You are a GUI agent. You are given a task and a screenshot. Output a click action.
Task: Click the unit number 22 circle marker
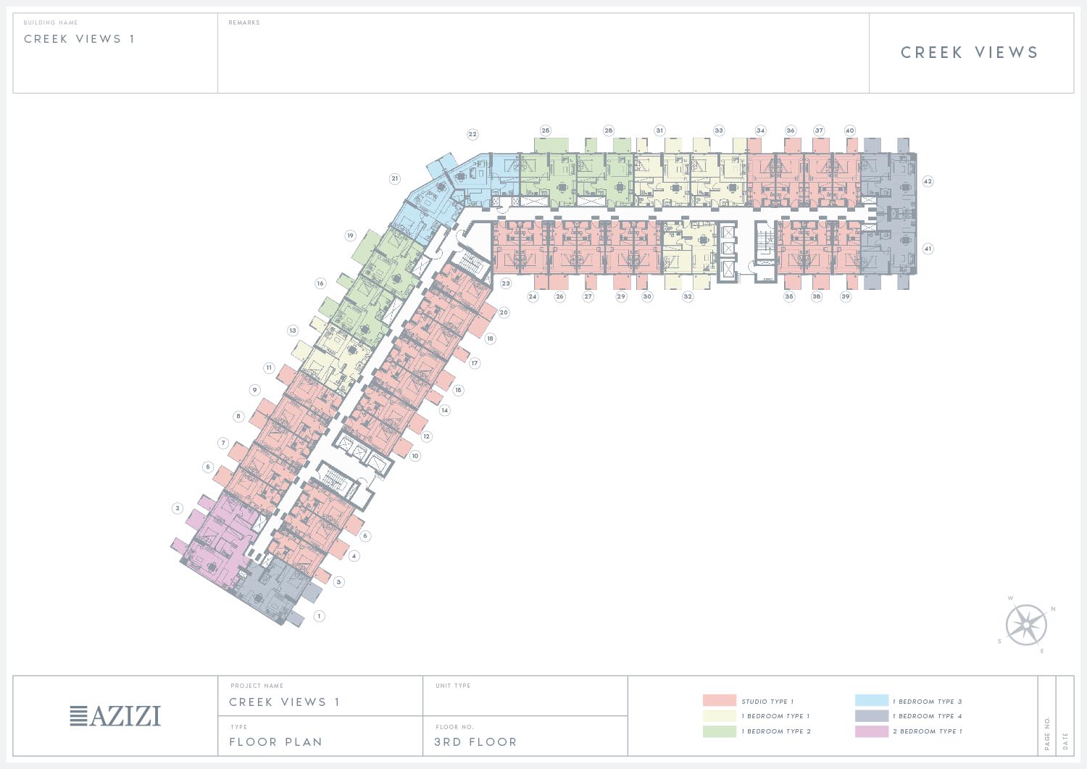472,134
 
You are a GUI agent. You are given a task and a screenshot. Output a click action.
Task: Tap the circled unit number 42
928,181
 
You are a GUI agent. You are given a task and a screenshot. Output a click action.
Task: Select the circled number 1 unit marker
319,616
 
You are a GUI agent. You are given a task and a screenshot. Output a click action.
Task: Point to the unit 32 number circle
688,296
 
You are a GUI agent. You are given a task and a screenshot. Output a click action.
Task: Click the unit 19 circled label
351,236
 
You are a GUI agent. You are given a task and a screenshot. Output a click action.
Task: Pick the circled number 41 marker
928,249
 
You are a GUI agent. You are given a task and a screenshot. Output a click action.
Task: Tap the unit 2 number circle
178,508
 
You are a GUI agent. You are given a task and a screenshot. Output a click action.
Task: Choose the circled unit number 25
546,130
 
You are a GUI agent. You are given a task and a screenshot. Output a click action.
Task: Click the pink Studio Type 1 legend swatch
719,701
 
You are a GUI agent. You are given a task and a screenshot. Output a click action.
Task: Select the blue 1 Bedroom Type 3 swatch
871,701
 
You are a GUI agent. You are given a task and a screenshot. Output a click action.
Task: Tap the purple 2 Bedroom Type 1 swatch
871,731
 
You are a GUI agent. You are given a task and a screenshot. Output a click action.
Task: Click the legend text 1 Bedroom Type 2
775,731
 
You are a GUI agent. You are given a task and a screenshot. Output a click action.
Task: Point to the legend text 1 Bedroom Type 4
927,716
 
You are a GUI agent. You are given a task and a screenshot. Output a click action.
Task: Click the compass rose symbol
1026,625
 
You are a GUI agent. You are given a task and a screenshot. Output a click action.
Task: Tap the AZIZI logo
115,716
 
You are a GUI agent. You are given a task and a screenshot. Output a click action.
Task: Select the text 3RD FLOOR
475,742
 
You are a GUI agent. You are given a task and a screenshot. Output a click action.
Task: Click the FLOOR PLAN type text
275,742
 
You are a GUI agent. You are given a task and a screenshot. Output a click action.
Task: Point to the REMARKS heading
244,23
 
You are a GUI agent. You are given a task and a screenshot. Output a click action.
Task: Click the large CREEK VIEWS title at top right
970,53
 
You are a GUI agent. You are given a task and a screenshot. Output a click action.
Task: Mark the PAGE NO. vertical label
1047,733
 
